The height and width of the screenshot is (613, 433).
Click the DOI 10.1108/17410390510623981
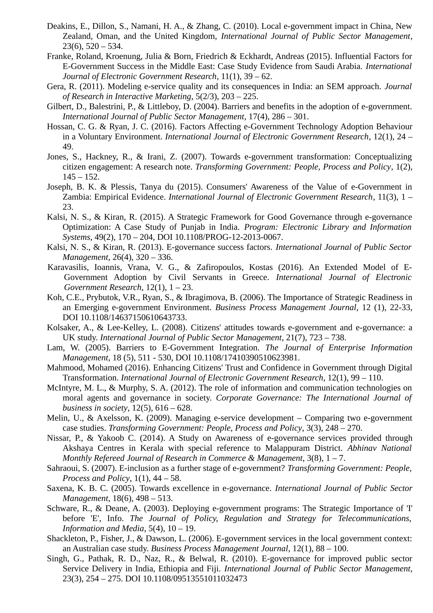tap(246, 357)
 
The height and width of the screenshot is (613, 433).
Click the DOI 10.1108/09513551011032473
tap(195, 579)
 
